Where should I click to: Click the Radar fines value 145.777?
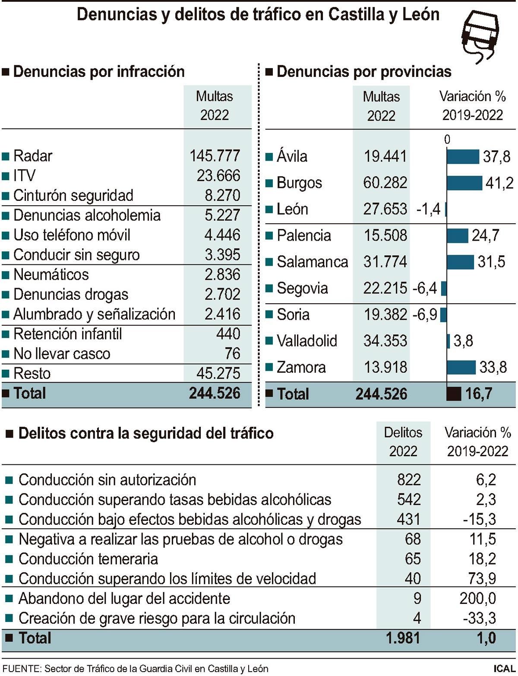coord(215,156)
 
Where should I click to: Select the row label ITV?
coord(25,176)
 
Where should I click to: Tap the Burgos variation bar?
coord(464,183)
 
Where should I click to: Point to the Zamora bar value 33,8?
coord(493,368)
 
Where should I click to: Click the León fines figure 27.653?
coord(385,209)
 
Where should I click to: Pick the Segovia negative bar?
coord(444,288)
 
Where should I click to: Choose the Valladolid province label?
coord(306,341)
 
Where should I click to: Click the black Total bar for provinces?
coord(453,394)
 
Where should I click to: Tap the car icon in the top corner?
coord(480,35)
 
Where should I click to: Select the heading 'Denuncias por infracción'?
coord(99,72)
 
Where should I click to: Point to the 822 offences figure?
coord(408,480)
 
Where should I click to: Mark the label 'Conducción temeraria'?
coord(88,559)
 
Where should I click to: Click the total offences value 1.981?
coord(403,638)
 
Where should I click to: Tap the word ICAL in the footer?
coord(503,669)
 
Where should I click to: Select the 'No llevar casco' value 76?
coord(232,354)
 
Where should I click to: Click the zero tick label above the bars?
coord(447,140)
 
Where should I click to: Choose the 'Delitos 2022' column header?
coord(403,442)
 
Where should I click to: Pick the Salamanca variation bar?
coord(460,262)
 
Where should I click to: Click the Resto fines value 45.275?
coord(218,374)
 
